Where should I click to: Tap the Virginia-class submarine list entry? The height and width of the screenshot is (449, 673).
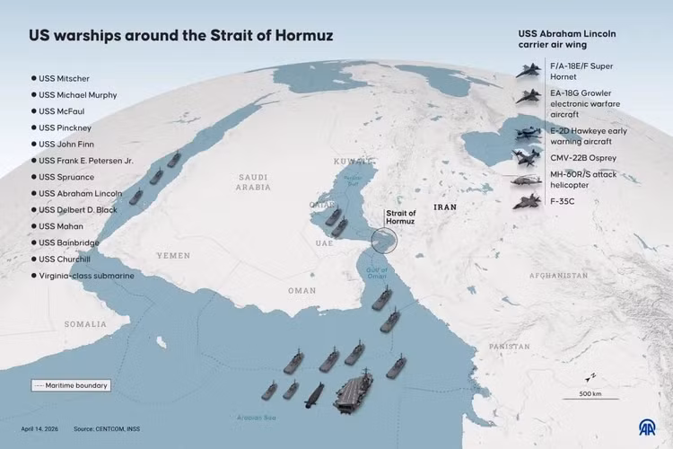85,276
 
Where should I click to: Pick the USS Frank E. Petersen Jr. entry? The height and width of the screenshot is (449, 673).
85,161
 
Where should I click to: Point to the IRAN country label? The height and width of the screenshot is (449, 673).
445,207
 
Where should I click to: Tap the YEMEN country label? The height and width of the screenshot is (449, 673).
173,255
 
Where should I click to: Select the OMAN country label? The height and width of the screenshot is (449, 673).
302,290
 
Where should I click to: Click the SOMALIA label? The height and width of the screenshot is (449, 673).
84,323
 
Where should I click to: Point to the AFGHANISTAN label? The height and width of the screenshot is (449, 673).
558,275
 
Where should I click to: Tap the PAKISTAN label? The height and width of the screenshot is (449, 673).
510,346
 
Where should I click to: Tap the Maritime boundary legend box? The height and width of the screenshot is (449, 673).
70,385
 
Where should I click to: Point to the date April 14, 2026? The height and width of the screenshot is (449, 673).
40,428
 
